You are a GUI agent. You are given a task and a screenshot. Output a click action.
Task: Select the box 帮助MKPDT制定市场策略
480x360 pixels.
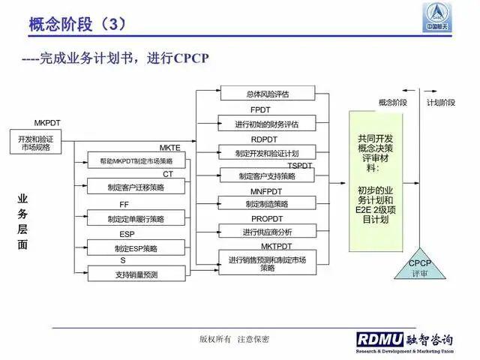[x=136, y=161]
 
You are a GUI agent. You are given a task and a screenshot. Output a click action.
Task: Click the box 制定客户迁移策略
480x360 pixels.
[x=136, y=188]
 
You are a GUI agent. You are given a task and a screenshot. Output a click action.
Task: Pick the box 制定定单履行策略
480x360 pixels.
[x=136, y=218]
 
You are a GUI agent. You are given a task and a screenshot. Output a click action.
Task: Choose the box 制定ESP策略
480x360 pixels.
[x=136, y=247]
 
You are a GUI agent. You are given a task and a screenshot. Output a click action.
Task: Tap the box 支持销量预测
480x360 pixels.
[x=136, y=274]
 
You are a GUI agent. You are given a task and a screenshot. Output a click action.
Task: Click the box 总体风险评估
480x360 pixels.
[x=267, y=94]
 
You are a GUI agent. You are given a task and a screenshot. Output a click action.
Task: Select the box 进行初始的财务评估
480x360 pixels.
[x=267, y=124]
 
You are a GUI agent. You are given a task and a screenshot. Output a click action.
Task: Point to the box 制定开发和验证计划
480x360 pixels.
[x=267, y=153]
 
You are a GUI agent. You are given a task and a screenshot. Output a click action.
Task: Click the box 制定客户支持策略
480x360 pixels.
[x=267, y=176]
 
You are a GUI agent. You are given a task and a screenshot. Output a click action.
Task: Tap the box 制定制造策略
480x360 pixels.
[x=267, y=204]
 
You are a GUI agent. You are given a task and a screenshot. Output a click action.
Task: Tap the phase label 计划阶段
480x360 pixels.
[x=440, y=102]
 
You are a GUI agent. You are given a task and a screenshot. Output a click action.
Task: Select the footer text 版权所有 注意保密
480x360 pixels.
[x=234, y=339]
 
